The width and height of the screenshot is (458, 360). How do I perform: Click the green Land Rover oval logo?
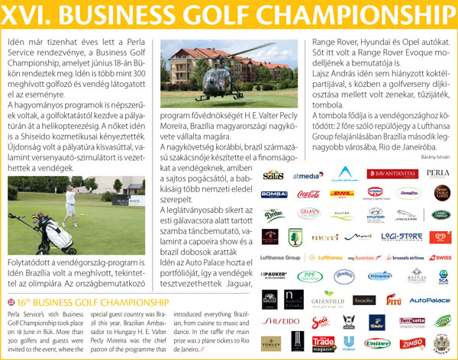[441, 215]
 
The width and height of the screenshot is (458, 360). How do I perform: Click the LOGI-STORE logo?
[401, 237]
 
